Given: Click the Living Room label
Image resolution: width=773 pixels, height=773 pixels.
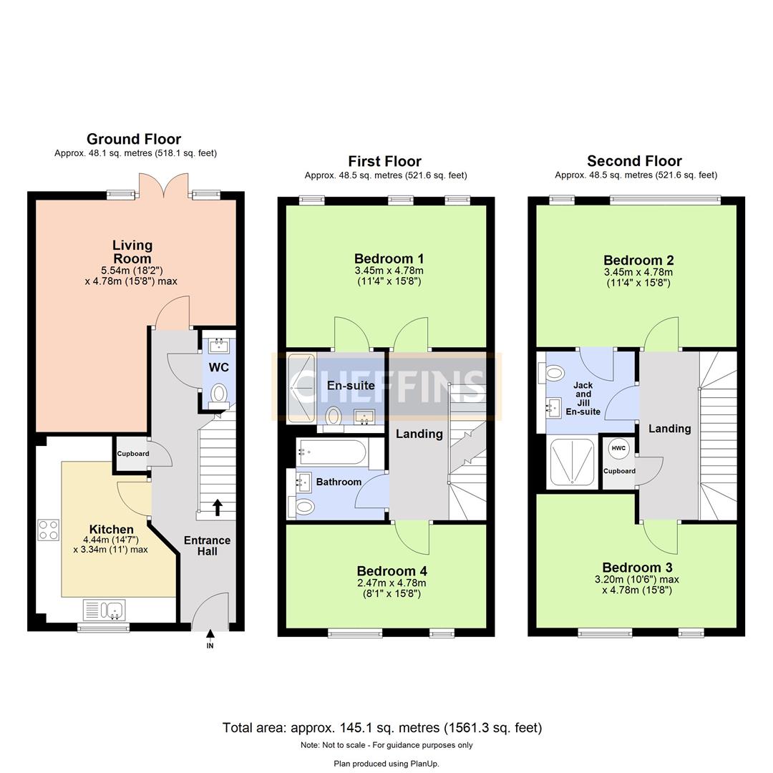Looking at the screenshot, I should pos(132,252).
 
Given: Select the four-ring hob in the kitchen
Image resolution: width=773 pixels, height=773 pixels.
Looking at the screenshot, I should pos(49,530).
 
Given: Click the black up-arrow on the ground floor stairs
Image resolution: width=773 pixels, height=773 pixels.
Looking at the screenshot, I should pos(217,507).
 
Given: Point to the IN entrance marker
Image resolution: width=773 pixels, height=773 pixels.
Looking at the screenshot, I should pos(210,645).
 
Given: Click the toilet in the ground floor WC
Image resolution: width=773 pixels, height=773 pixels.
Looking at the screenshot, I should pos(219,393).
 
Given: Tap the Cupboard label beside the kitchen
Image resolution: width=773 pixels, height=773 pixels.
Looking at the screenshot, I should pos(133,454).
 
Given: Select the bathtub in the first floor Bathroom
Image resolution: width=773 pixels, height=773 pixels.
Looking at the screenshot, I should pos(333,452).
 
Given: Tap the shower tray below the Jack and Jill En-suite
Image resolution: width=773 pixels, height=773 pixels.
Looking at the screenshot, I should pos(571,462).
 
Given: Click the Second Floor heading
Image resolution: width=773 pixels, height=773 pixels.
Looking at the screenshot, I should pos(634,161).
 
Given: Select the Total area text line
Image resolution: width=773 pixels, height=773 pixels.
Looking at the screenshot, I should pos(382,728).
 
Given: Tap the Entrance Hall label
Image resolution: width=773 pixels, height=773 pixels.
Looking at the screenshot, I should pos(207,545).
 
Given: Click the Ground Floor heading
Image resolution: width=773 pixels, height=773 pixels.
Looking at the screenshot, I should pos(134,139).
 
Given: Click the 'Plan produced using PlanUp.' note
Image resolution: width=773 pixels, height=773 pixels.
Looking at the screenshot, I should pos(386,764).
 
